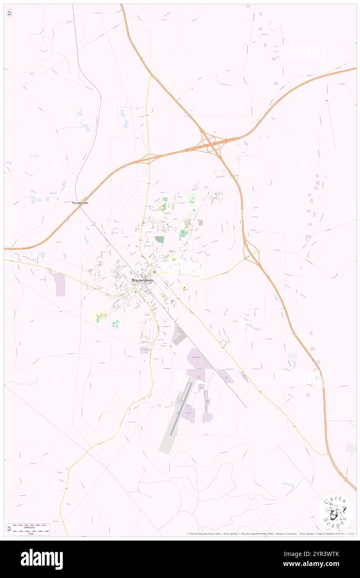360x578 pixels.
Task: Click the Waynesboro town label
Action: tap(144, 280)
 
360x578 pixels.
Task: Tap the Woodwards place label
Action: tap(80, 203)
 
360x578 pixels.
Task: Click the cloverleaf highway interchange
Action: tap(211, 145)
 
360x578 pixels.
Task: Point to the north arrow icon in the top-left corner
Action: tap(9, 13)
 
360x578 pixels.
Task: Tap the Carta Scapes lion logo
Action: tap(335, 513)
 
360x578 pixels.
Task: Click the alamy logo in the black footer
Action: tap(42, 559)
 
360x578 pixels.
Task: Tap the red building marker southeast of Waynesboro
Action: tap(184, 287)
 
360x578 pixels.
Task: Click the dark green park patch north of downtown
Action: tap(159, 240)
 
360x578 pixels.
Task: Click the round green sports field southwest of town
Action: tap(116, 324)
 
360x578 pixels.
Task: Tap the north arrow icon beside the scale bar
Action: tap(9, 529)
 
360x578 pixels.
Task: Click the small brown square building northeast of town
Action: tap(200, 222)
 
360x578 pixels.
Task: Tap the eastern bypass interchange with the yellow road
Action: tap(252, 252)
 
